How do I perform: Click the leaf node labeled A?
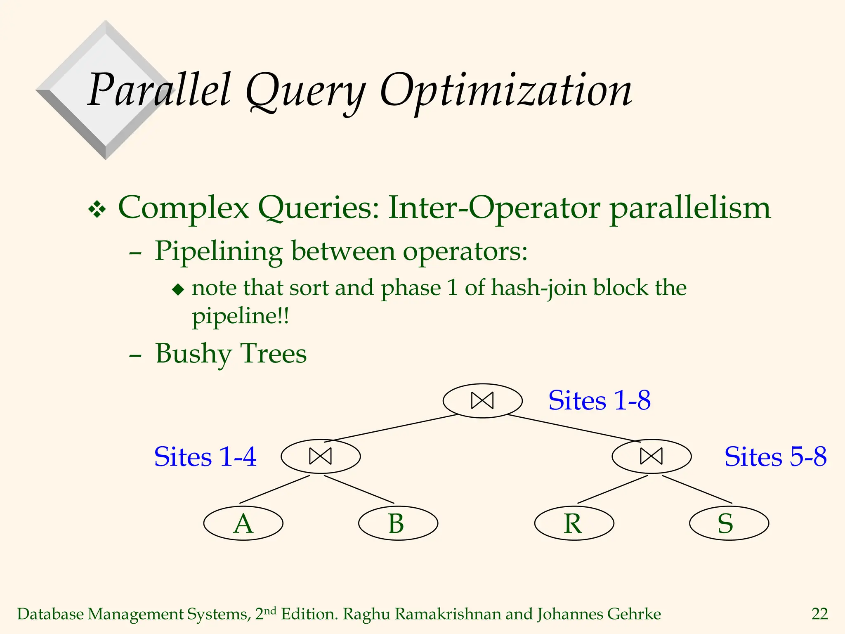tap(243, 523)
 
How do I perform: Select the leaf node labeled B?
tap(398, 523)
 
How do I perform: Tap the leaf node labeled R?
tap(574, 523)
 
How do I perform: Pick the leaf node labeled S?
tap(729, 523)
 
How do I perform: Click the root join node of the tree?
tap(482, 401)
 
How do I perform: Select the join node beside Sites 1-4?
tap(321, 456)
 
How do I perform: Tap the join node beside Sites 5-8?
tap(651, 456)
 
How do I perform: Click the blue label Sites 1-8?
tap(599, 400)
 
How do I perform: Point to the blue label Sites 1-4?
tap(205, 457)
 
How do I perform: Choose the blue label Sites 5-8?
tap(775, 457)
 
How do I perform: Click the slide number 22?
tap(819, 614)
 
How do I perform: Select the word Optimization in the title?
tap(505, 91)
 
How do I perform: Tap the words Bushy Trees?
tap(231, 354)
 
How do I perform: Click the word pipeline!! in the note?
tap(241, 317)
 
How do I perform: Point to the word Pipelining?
tap(218, 251)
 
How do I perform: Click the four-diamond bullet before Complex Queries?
tap(97, 209)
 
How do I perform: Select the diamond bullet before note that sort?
tap(178, 289)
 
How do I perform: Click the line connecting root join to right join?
tap(574, 428)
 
